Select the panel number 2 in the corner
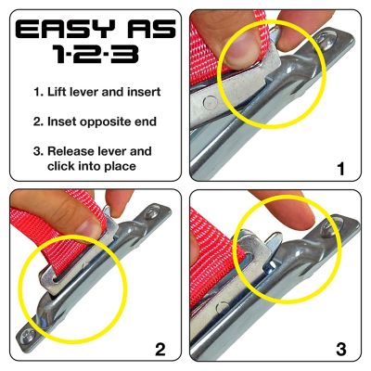160,349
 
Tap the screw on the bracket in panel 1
326,41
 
